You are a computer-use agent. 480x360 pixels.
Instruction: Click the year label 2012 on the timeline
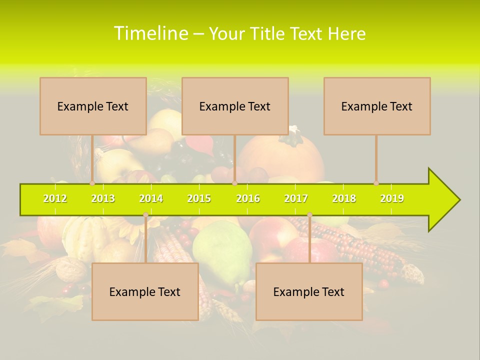point(55,198)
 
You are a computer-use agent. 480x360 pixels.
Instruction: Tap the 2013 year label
point(103,198)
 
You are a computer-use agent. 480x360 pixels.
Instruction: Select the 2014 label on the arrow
point(151,198)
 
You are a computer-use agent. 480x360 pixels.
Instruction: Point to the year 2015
point(199,198)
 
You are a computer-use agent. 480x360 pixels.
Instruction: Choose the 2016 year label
point(248,198)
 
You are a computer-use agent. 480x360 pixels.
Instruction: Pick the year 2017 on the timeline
point(296,198)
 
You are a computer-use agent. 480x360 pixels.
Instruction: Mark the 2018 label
point(344,198)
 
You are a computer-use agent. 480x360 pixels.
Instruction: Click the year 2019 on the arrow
point(392,198)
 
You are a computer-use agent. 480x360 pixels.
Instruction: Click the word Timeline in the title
point(150,33)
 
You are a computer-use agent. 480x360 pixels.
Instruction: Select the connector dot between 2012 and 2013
point(92,183)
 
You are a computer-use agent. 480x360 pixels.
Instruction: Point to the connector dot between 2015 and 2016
point(234,183)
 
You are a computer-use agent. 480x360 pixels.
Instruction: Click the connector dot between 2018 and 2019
point(376,183)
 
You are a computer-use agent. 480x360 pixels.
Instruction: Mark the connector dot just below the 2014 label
point(145,215)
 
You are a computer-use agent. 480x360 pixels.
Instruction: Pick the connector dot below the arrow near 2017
point(309,215)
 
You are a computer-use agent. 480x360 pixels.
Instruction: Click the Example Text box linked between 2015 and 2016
point(235,106)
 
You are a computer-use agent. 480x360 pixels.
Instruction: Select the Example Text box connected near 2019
point(377,106)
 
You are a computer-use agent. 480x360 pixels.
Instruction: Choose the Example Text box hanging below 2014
point(145,291)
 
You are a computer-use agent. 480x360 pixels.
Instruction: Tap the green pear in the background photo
point(222,250)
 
